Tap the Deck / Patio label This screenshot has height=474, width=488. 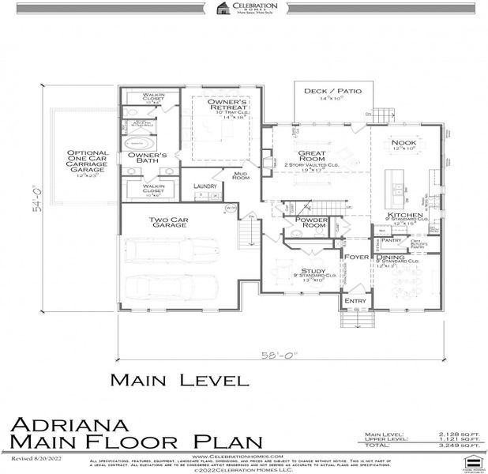332,91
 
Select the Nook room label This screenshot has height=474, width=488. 404,142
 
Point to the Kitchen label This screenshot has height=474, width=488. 404,216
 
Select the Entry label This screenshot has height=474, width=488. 353,301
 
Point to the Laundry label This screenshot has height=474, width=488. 205,186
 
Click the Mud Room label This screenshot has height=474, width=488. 241,176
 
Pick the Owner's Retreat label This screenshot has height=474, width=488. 228,103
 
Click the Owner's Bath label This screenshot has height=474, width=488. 147,157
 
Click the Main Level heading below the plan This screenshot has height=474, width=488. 178,380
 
